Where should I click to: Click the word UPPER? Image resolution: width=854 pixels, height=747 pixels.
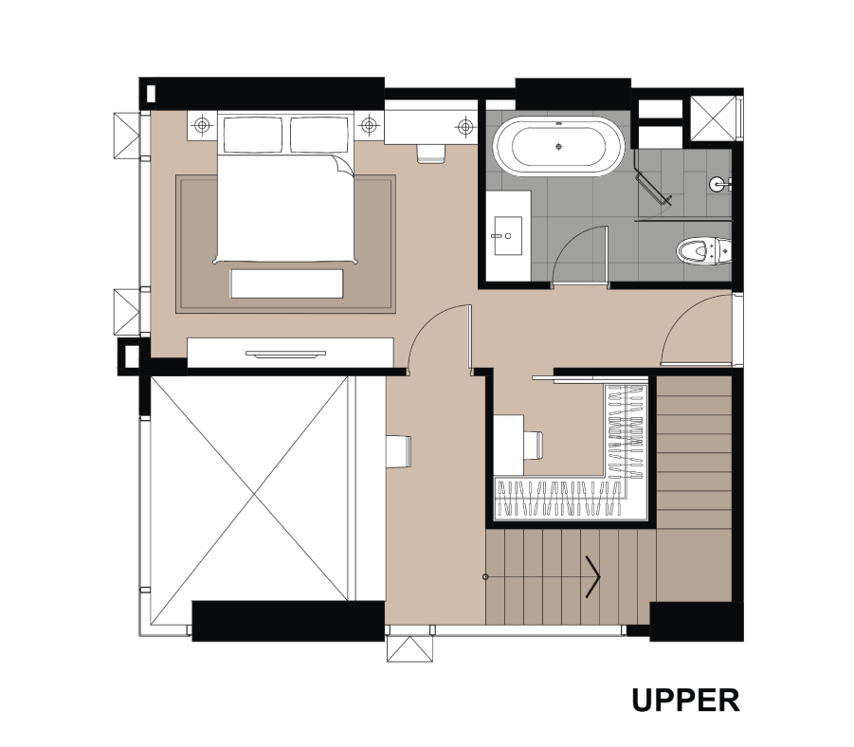coord(685,701)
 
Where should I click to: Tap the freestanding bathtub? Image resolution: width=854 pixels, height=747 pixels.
coord(559,146)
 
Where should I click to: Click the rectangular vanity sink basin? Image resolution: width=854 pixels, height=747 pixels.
coord(508,236)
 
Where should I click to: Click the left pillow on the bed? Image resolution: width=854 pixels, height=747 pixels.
coord(252,135)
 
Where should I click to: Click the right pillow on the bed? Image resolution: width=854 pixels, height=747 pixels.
coord(318,135)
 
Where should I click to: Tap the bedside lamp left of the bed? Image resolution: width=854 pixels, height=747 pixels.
coord(202,125)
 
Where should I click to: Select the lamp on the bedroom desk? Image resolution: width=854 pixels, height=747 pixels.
coord(465,127)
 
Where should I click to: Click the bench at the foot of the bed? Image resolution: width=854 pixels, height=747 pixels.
coord(286,283)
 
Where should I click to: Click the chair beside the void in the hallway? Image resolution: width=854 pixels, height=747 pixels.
coord(399,451)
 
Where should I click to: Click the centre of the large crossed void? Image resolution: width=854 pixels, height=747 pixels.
coord(254,494)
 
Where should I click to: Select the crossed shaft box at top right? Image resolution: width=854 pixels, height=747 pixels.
coord(713,118)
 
